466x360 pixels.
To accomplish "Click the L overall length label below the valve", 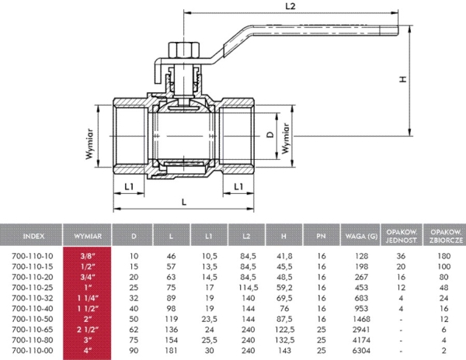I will [183, 201].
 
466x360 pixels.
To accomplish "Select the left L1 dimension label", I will [129, 187].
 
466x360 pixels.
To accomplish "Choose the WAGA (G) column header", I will [358, 234].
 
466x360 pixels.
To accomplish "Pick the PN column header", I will [321, 234].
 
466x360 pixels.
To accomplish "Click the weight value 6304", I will [358, 350].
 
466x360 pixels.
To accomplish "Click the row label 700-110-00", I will [33, 350].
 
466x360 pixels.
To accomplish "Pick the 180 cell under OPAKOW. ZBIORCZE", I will [442, 254].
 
